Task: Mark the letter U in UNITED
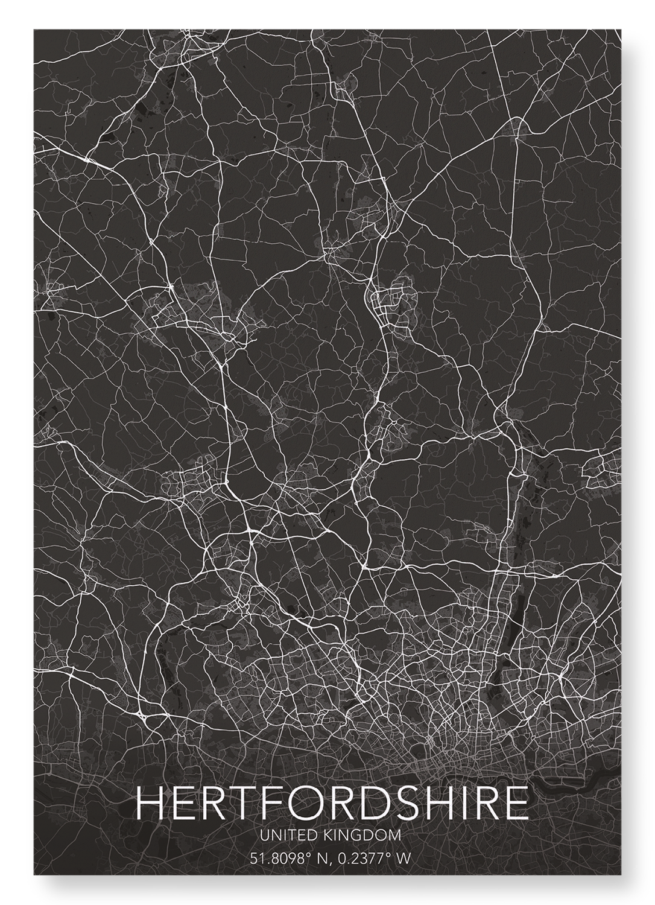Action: click(262, 835)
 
